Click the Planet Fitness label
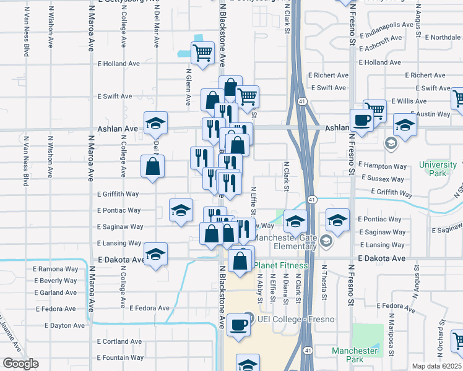[x=280, y=266]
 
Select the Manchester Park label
[x=355, y=355]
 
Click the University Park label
[x=437, y=169]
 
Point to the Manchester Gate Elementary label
[x=285, y=242]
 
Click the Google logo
[x=20, y=364]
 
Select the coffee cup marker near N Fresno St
[x=361, y=120]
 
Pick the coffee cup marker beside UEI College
[x=238, y=325]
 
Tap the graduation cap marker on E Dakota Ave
[x=155, y=254]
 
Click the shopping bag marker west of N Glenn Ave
[x=153, y=166]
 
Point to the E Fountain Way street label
[x=121, y=357]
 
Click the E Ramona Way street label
[x=58, y=270]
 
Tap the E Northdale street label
[x=443, y=38]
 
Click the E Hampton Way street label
[x=383, y=166]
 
